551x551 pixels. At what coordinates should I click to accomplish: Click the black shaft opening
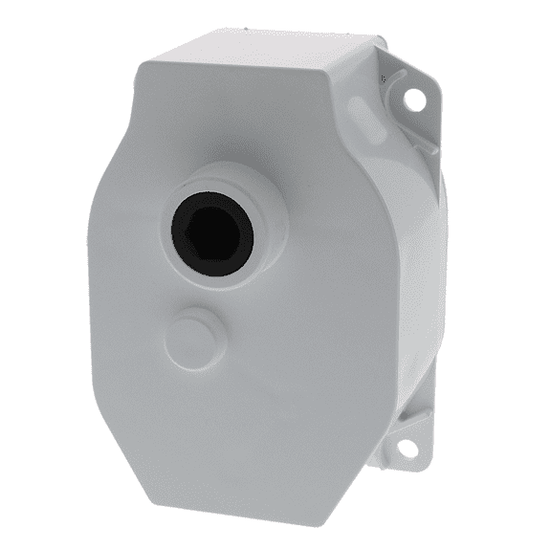click(x=211, y=232)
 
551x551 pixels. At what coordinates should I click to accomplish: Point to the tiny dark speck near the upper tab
click(x=383, y=77)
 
